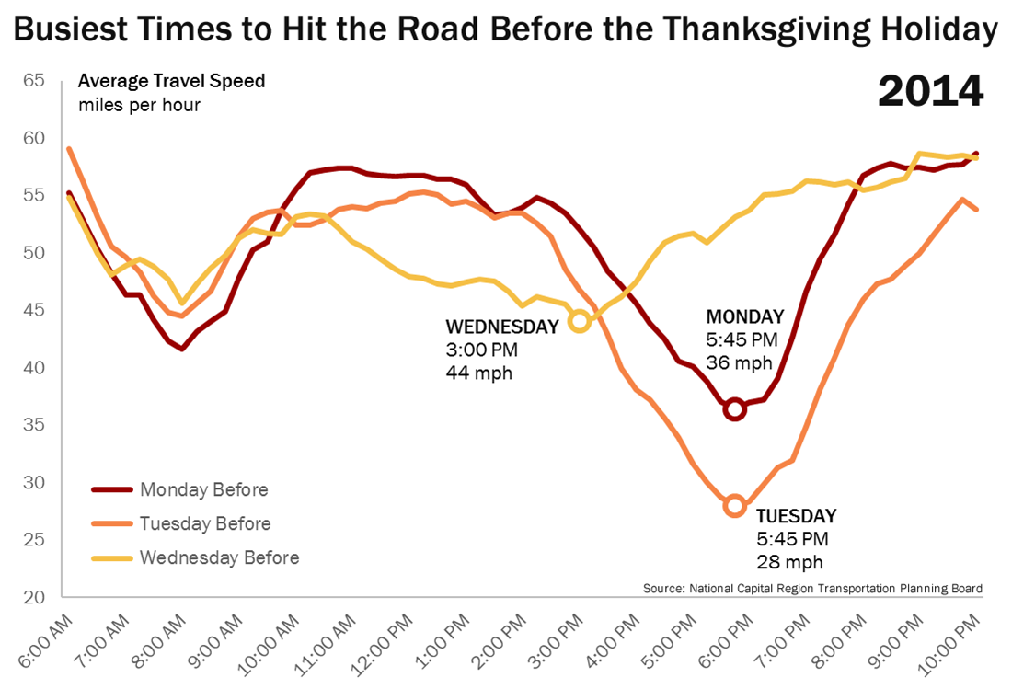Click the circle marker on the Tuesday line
pyautogui.click(x=734, y=505)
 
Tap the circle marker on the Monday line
pyautogui.click(x=734, y=409)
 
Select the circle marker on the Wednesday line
pyautogui.click(x=579, y=321)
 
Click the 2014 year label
pyautogui.click(x=930, y=92)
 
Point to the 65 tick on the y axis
pyautogui.click(x=33, y=80)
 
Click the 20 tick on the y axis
pyautogui.click(x=33, y=597)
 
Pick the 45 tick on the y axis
pyautogui.click(x=33, y=310)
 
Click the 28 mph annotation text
pyautogui.click(x=789, y=561)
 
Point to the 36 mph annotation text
pyautogui.click(x=739, y=362)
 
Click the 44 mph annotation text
pyautogui.click(x=478, y=373)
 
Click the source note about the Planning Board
pyautogui.click(x=811, y=588)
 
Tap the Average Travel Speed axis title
pyautogui.click(x=172, y=81)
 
